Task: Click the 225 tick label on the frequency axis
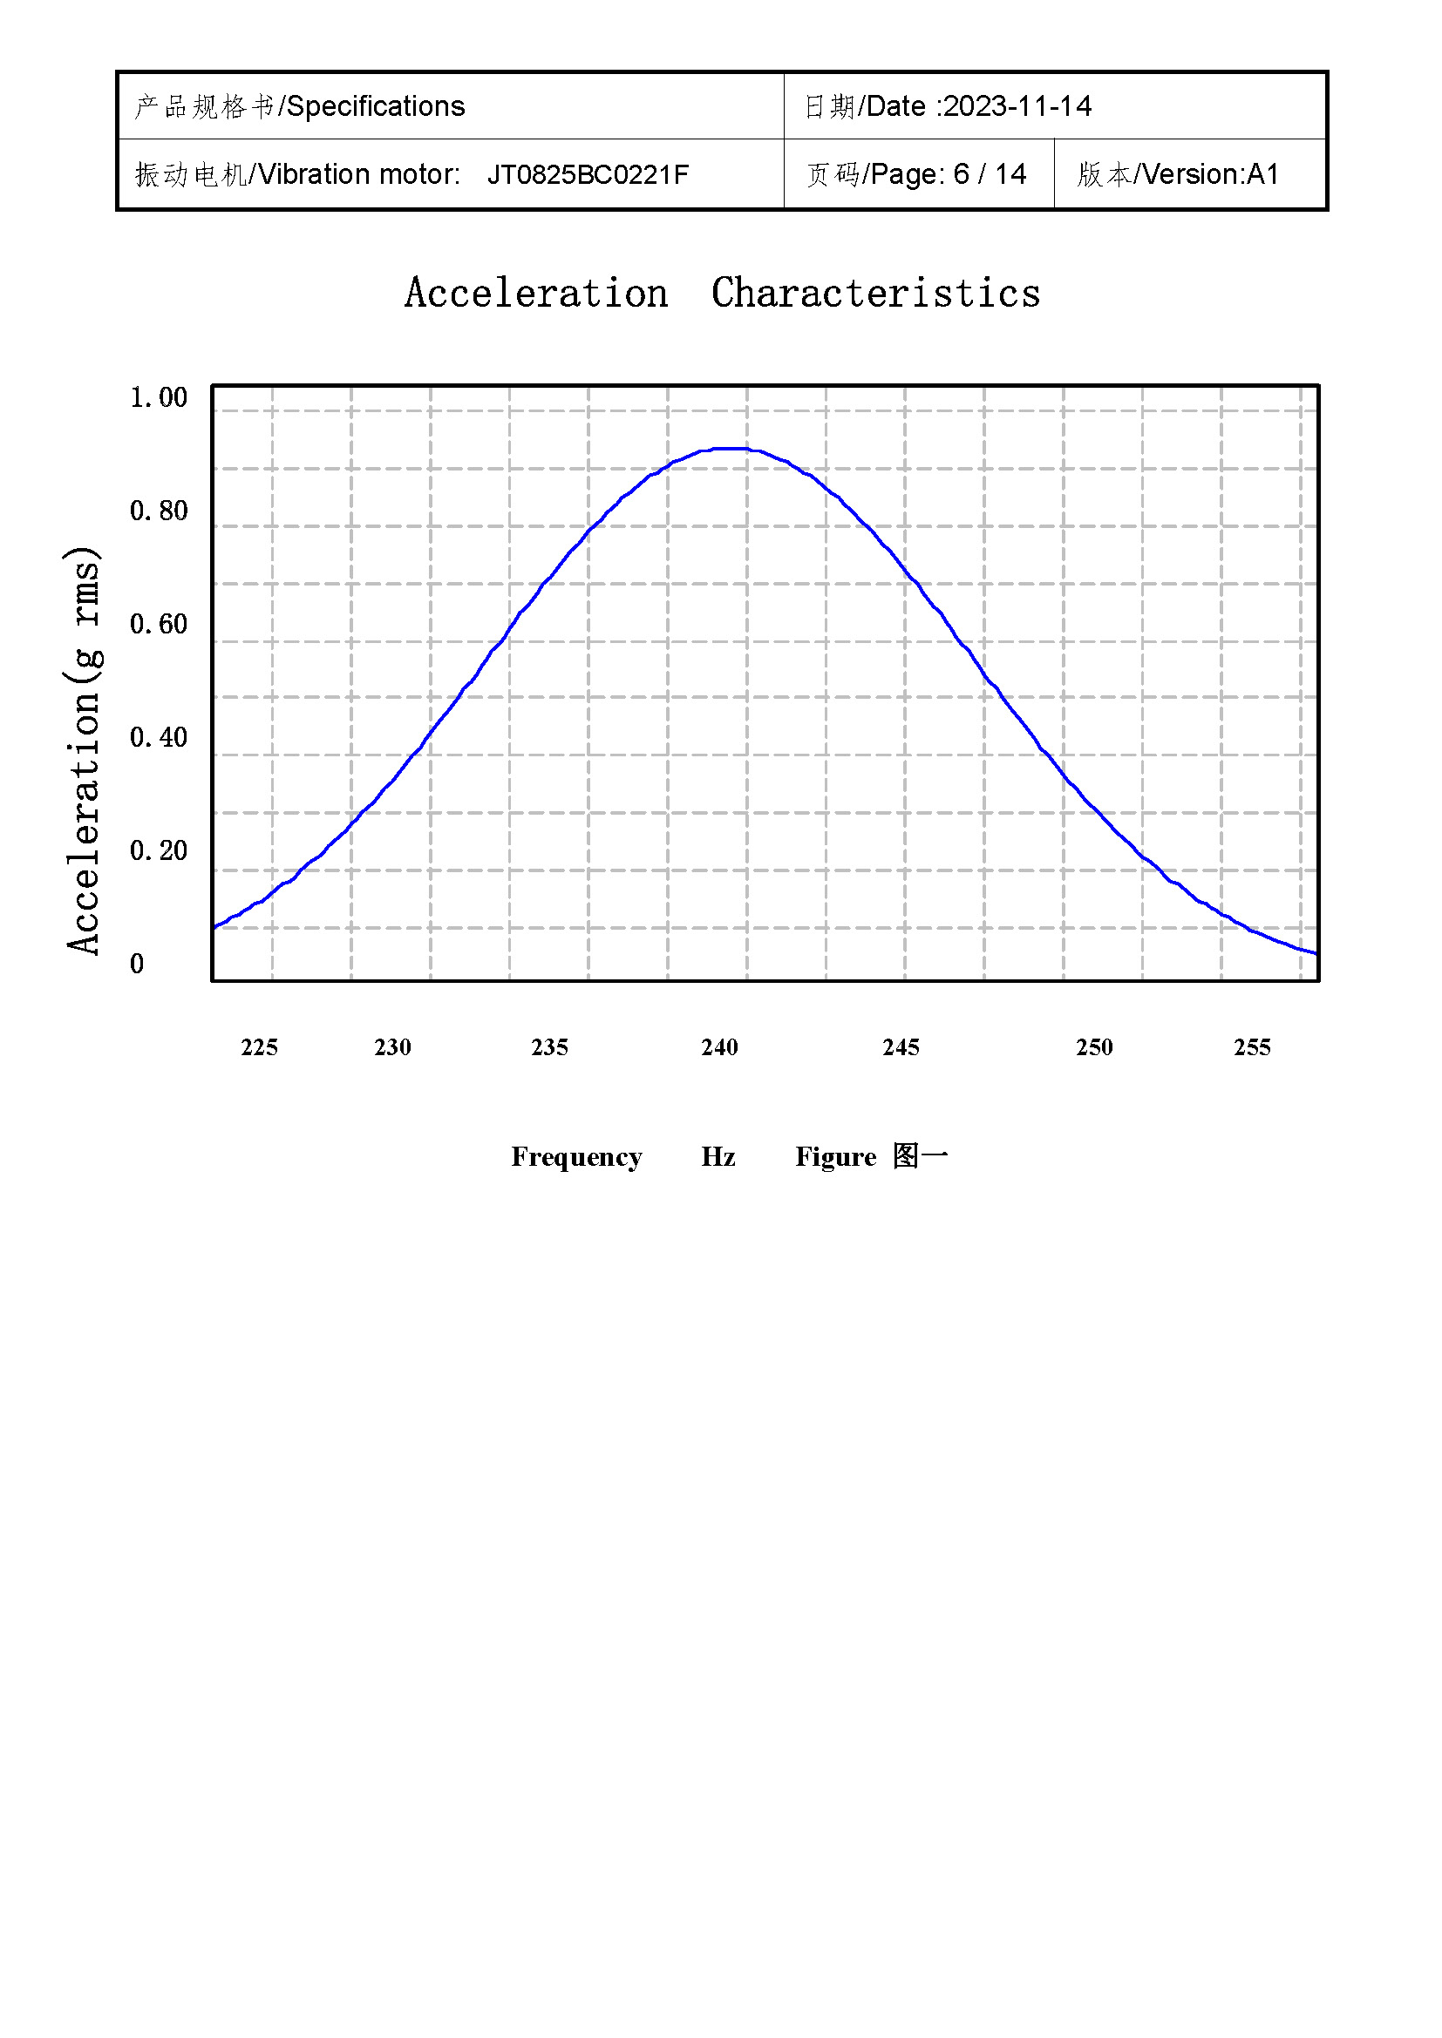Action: (259, 1047)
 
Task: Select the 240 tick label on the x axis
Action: (719, 1047)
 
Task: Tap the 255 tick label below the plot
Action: (1252, 1047)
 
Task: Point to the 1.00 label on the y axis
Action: (159, 397)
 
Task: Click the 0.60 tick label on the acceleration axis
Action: (159, 624)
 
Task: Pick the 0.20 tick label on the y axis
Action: (159, 850)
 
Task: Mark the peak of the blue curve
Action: (733, 448)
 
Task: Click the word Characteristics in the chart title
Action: (875, 294)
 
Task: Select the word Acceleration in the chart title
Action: (536, 294)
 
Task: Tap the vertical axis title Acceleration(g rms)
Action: (85, 751)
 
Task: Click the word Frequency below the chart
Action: (576, 1156)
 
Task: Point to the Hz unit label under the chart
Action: (718, 1156)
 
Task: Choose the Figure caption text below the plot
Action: (871, 1156)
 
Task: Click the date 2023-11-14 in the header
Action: (1017, 106)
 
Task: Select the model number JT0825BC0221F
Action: (588, 175)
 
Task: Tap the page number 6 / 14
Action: (990, 174)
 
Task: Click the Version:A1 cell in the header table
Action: (1211, 174)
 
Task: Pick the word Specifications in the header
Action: (376, 106)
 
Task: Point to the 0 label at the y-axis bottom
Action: (137, 964)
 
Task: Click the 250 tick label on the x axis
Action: (1094, 1047)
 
